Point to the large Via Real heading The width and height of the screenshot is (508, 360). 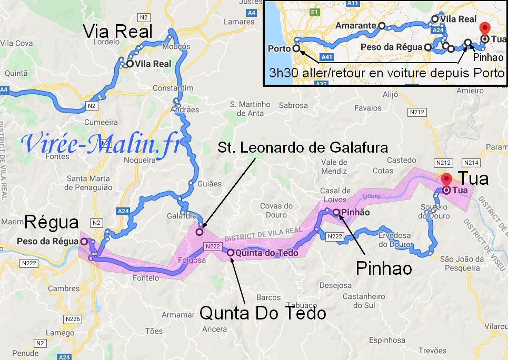point(118,32)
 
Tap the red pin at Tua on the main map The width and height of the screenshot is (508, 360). point(446,179)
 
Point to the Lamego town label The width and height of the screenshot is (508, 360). point(59,333)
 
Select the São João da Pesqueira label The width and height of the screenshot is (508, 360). point(462,263)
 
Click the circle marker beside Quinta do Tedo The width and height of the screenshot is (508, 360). point(230,253)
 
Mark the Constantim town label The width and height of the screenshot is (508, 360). point(175,88)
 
